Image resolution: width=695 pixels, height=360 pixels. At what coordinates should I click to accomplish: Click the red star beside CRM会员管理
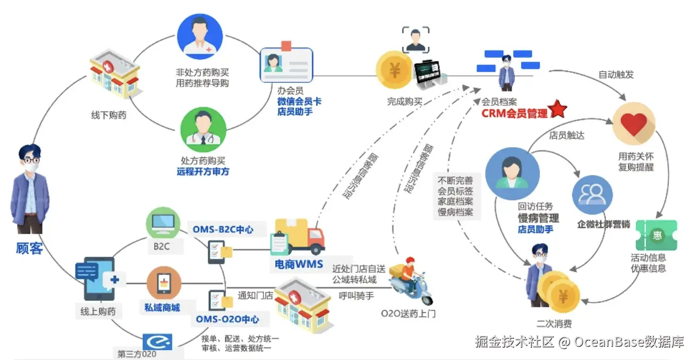(x=558, y=109)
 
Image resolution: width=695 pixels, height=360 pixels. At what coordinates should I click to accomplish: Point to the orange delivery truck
(x=300, y=237)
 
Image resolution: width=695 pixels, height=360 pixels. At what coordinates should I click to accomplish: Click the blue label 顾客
(x=29, y=248)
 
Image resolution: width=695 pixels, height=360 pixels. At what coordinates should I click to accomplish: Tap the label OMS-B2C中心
(x=223, y=230)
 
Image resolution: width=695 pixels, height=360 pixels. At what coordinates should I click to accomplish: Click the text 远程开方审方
(x=203, y=172)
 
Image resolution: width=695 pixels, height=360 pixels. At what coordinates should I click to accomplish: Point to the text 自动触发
(x=616, y=75)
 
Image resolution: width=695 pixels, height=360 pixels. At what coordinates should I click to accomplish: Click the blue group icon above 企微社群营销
(x=592, y=195)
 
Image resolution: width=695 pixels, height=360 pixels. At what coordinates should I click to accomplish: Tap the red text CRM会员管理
(x=514, y=113)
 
